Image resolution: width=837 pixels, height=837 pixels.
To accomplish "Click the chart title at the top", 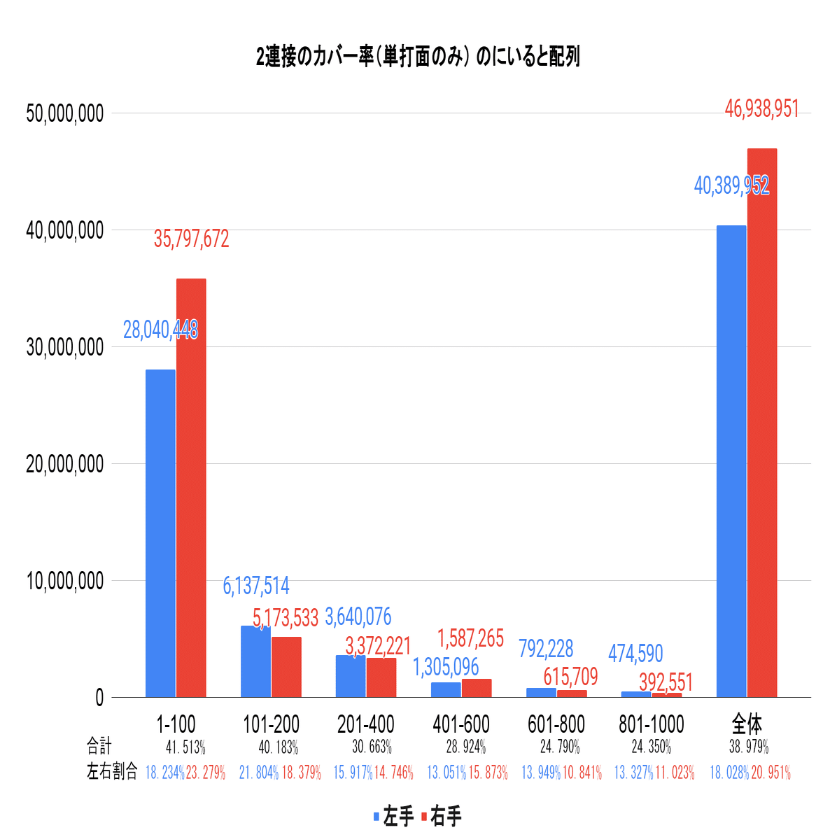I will [x=418, y=57].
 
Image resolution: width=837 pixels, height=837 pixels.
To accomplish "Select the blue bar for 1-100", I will [x=160, y=532].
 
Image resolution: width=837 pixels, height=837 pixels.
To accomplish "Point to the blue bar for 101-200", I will [x=255, y=661].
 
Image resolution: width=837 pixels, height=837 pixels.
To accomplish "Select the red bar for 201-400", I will [x=381, y=677].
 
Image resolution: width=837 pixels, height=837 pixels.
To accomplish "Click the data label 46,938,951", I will [x=761, y=109].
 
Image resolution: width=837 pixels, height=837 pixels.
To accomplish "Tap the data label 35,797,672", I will [x=191, y=239].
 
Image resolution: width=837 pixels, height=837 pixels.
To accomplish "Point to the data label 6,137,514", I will [x=256, y=586].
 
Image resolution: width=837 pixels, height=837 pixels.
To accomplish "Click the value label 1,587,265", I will [x=470, y=638].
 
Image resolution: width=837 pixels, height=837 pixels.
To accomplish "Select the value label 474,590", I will [x=635, y=653].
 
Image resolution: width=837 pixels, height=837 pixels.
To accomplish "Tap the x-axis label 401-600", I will [x=461, y=724].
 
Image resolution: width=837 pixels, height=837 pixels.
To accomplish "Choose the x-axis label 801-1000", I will [x=652, y=724].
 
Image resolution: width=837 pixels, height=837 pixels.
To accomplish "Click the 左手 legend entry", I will [x=393, y=816].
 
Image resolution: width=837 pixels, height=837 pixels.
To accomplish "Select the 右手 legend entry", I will [x=441, y=816].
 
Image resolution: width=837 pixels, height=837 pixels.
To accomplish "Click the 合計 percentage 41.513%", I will [x=185, y=747].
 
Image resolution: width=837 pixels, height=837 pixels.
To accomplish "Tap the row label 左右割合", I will [x=112, y=772].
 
